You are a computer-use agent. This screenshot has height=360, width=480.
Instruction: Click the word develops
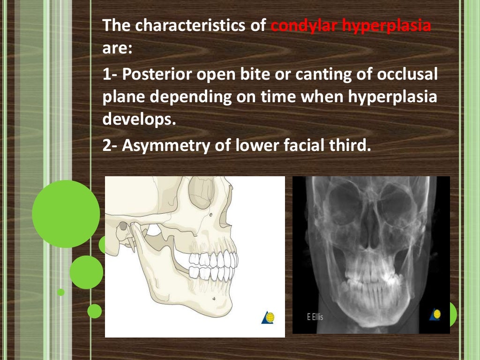(x=138, y=120)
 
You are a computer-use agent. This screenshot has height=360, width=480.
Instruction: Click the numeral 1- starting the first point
(x=110, y=75)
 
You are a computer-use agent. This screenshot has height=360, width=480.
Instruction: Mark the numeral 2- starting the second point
(x=111, y=146)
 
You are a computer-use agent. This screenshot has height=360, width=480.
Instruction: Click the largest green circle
(x=66, y=214)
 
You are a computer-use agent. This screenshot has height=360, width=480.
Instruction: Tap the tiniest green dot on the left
(x=61, y=292)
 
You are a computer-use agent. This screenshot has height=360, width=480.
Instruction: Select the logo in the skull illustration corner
(x=268, y=317)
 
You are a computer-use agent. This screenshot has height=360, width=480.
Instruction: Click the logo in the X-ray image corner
(x=436, y=315)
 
